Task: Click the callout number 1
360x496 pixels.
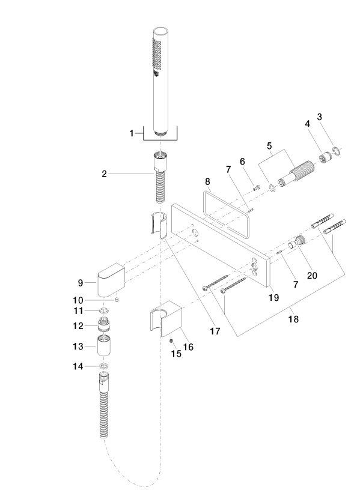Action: [x=132, y=133]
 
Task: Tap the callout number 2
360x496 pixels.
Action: [x=104, y=174]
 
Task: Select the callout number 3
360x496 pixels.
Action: [x=320, y=116]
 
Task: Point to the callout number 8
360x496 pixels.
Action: [x=207, y=181]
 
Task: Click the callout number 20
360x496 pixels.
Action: [x=312, y=276]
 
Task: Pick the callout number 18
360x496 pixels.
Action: [x=293, y=319]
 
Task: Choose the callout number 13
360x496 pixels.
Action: [x=78, y=346]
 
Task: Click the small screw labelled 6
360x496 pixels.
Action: [x=257, y=188]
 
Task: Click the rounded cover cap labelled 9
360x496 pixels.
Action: [x=111, y=280]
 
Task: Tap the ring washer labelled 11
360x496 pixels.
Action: [x=105, y=310]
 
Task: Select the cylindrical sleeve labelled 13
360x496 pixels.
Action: [x=104, y=346]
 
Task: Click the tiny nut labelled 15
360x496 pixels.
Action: [x=171, y=340]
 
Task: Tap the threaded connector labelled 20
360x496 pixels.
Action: [x=297, y=242]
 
